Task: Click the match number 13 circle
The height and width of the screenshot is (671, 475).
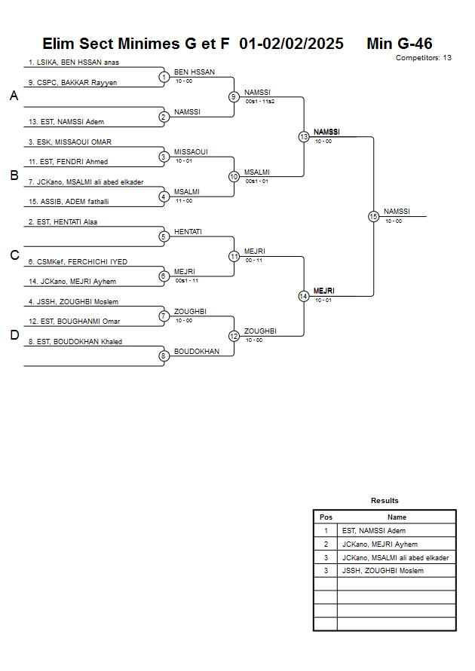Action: pos(304,137)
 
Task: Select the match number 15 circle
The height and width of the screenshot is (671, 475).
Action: pos(373,216)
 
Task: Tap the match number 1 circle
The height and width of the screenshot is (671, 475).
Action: pos(164,77)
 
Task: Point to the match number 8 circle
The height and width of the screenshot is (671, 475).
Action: pos(164,356)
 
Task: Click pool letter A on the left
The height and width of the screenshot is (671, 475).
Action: pos(14,96)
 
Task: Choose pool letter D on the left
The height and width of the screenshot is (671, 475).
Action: pos(14,336)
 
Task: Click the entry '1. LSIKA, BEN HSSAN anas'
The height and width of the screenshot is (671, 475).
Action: pos(74,62)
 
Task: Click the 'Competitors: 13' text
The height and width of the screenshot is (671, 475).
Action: pos(423,57)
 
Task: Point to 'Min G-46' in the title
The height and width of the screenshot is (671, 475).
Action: pos(399,44)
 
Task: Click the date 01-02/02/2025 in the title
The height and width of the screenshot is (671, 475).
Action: pos(291,44)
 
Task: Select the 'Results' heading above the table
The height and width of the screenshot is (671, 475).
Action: pos(385,501)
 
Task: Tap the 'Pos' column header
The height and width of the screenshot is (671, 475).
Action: pos(326,517)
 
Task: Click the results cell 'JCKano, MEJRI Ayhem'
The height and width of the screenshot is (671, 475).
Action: pos(379,544)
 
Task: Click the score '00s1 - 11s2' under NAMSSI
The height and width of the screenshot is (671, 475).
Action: pos(259,101)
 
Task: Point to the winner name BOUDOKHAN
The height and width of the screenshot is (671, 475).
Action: pos(197,352)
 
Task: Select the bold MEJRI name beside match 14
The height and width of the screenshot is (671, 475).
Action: pos(323,291)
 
